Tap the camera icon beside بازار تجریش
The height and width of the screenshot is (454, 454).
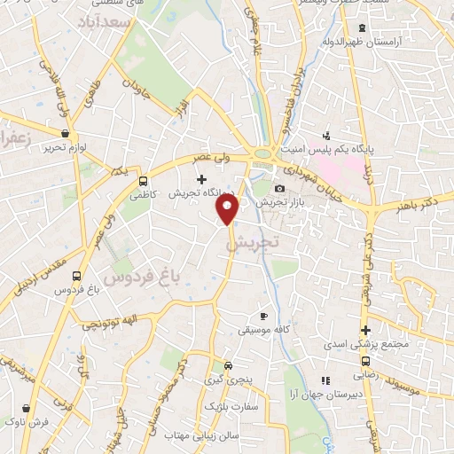pos(280,188)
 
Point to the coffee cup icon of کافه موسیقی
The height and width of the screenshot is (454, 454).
pos(262,316)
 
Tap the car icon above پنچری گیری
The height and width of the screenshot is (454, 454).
pos(229,365)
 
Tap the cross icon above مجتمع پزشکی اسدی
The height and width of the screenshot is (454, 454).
pos(364,330)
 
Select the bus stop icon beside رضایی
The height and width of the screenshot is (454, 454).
pos(364,361)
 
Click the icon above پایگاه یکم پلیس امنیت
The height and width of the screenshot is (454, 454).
pos(326,136)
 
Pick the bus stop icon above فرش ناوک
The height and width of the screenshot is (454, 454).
pos(26,408)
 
